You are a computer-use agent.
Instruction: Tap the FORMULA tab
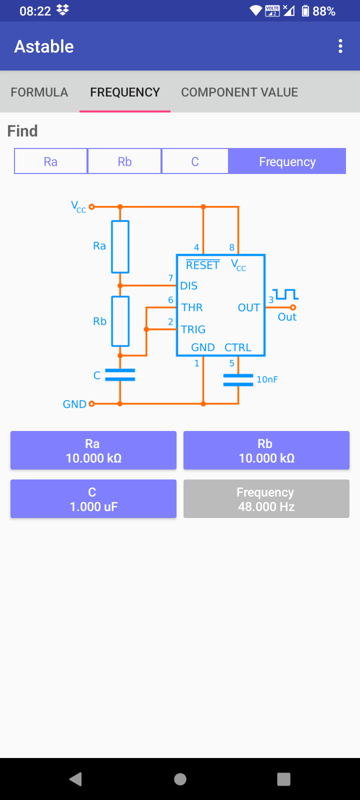point(39,92)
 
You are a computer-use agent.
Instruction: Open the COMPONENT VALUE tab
point(239,92)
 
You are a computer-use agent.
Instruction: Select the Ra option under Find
point(50,161)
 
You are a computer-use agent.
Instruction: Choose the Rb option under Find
point(124,161)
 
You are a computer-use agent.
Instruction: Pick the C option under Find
point(195,161)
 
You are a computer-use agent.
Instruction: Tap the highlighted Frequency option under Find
point(287,161)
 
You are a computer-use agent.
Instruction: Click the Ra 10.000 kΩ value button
point(93,450)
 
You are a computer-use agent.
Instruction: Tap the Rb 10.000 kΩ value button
point(266,450)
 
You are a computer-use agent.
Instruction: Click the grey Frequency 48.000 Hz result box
point(266,499)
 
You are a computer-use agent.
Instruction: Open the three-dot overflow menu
point(340,46)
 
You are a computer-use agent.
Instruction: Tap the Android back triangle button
point(76,779)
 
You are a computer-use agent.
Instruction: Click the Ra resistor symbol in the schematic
point(120,246)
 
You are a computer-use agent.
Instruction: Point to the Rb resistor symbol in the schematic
point(120,321)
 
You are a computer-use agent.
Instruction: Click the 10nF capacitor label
point(267,379)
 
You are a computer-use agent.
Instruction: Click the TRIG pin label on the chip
point(193,329)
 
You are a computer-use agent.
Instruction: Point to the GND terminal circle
point(91,403)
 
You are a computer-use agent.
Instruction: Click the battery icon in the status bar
point(305,11)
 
